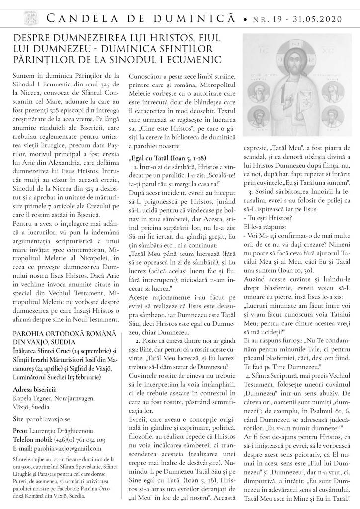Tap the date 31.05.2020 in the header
tap(320, 20)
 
